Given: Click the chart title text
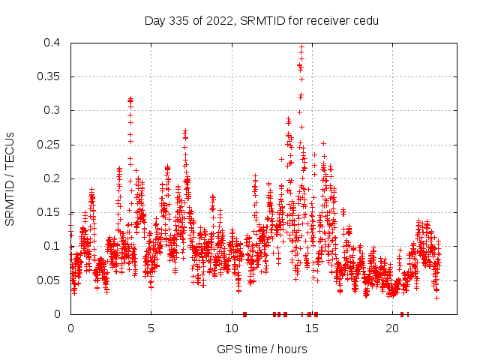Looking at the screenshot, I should tap(261, 20).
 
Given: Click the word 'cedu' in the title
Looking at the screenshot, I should tap(365, 20).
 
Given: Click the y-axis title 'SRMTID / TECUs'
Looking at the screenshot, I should tap(10, 178).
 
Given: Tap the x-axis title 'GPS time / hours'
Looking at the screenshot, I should tap(261, 349).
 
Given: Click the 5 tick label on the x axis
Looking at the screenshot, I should tap(151, 328).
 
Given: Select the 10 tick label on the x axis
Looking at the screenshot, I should tap(232, 328).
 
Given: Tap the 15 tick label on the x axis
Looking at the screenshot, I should tap(312, 328).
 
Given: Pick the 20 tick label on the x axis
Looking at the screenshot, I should tap(392, 328).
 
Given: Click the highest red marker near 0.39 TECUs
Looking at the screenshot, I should tap(301, 47).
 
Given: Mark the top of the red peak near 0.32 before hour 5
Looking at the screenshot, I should tap(130, 98).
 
